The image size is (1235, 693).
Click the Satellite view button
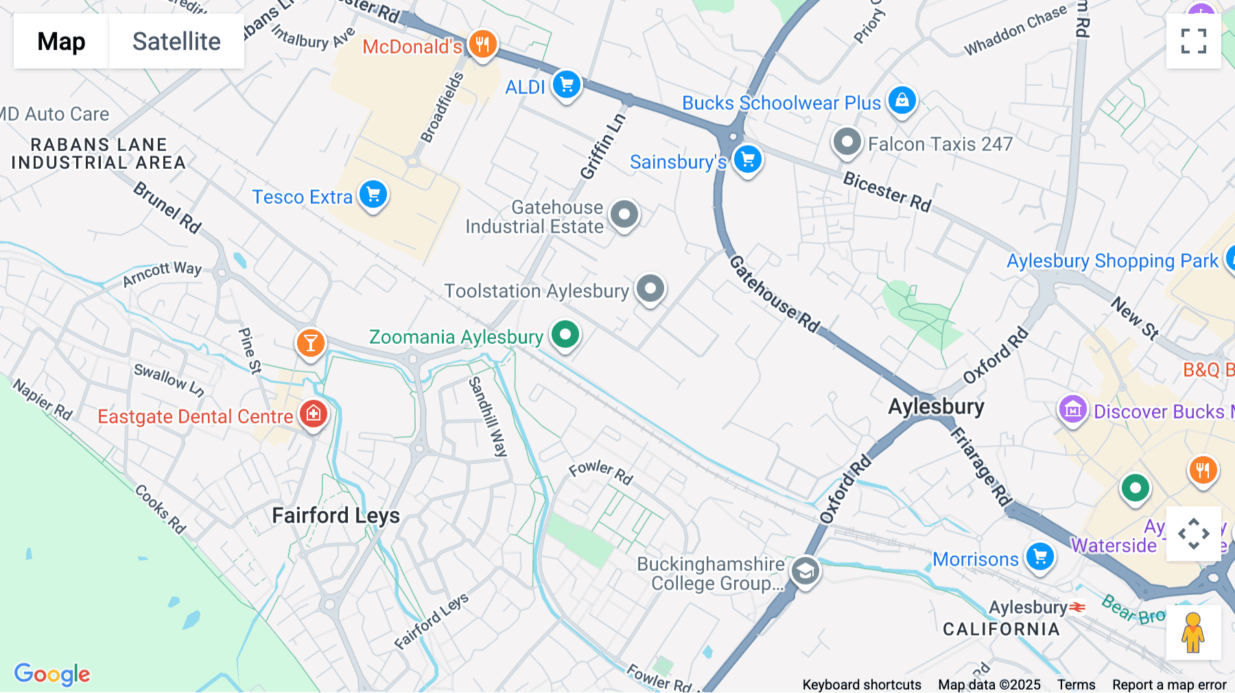coord(176,42)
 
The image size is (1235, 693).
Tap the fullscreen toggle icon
coord(1193,41)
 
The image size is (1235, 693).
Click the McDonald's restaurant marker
coord(482,45)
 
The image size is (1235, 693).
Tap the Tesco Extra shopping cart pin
coord(373,196)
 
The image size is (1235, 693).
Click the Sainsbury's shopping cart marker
coord(747,160)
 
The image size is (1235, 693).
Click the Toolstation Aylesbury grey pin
coord(650,289)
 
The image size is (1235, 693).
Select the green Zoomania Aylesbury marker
coord(565,336)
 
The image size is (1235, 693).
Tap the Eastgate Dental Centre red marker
coord(314,414)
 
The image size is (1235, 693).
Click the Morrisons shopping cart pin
coord(1039,556)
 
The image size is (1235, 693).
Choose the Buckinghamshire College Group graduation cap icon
coord(805,571)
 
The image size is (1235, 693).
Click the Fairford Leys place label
coord(336,515)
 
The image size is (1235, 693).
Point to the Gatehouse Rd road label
coord(774,294)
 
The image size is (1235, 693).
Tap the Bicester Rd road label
coord(886,191)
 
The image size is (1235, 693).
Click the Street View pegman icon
coord(1193,633)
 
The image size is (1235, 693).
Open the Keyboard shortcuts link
coord(861,685)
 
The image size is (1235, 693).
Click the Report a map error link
coord(1168,685)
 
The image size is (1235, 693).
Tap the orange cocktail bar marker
coord(310,342)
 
